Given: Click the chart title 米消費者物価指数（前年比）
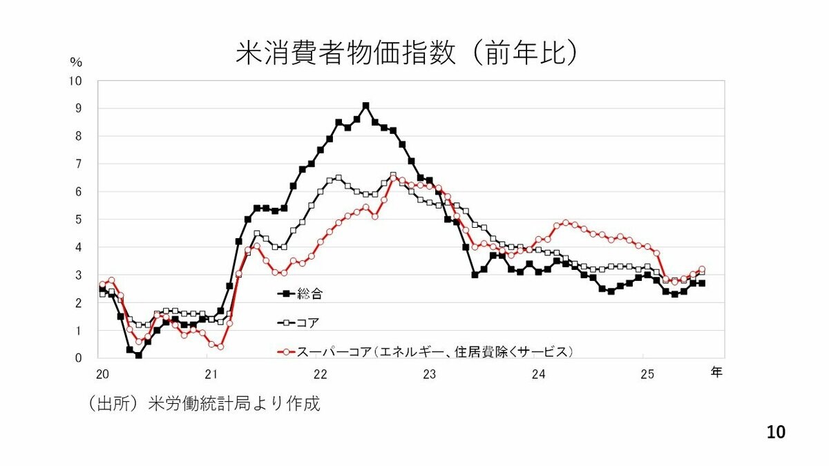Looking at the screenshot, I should click(406, 54).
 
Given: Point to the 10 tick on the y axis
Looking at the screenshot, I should click(75, 81).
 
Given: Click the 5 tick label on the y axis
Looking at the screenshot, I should click(78, 220).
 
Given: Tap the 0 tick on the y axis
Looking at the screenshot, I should click(78, 358).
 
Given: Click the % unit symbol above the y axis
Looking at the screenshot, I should click(76, 62).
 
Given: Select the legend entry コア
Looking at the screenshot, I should click(308, 322).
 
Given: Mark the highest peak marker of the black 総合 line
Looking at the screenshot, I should click(365, 106).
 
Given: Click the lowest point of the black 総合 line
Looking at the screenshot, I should click(138, 356).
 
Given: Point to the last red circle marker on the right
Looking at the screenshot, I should click(701, 269).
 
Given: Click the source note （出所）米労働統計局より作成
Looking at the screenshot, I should click(204, 404).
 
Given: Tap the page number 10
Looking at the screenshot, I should click(776, 432).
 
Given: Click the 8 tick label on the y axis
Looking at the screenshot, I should click(78, 136).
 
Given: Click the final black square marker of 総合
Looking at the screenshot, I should click(701, 283).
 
